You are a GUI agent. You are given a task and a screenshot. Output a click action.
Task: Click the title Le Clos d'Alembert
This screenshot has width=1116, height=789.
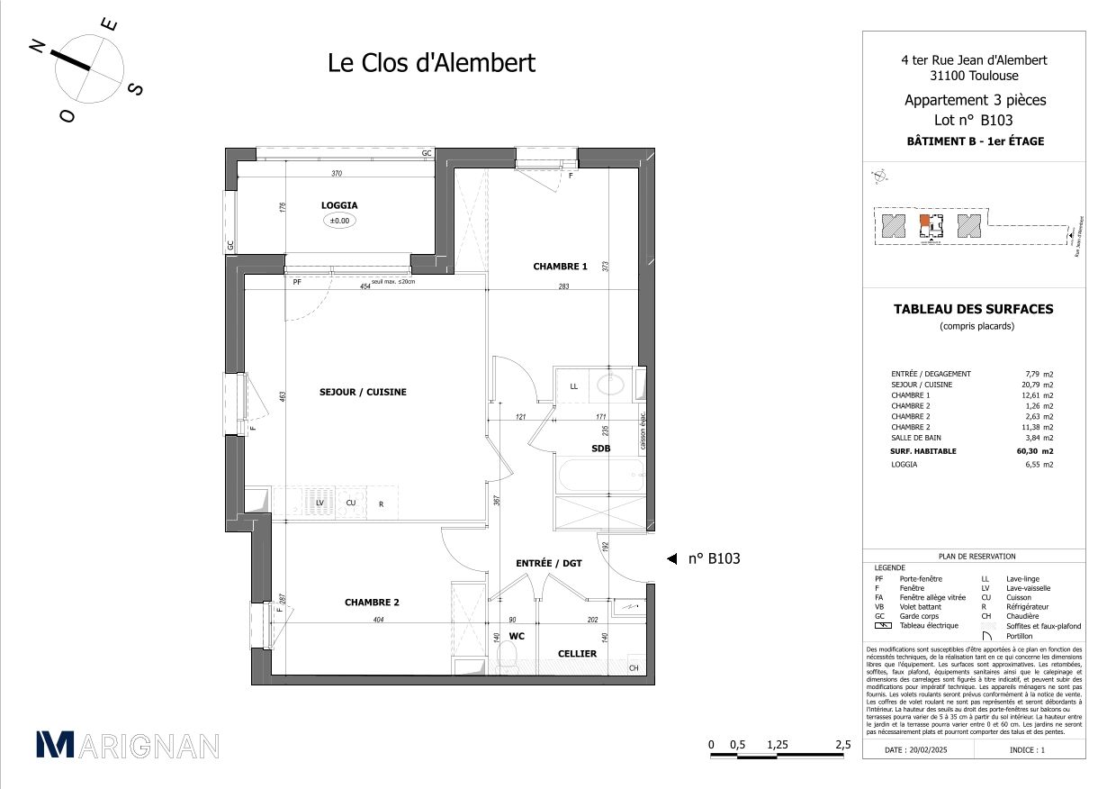430,63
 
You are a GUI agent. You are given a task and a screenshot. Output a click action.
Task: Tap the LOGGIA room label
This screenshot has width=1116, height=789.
339,205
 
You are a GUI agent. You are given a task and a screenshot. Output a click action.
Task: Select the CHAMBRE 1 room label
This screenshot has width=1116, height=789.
560,267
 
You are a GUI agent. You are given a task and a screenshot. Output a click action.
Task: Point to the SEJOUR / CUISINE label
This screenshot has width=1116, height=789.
363,392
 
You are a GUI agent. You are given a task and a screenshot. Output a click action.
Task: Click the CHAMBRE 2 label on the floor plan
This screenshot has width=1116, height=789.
372,603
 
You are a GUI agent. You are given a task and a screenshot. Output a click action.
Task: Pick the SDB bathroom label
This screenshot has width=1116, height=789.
601,448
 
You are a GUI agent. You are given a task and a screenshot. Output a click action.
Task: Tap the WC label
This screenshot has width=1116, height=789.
516,636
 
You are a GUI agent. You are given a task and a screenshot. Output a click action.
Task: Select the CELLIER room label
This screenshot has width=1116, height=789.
577,654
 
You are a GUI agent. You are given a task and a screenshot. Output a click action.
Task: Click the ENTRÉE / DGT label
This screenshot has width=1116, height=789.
548,563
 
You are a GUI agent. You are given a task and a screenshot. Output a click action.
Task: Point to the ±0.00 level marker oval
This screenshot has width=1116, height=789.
339,221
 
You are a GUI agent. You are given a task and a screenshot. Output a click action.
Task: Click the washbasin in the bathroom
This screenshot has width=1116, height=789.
611,385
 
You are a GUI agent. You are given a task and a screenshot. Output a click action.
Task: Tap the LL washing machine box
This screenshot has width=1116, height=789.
573,386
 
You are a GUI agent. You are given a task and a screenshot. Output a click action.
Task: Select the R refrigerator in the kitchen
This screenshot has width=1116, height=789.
381,503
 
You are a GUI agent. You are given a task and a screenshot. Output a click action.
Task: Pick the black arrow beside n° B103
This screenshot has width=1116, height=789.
671,559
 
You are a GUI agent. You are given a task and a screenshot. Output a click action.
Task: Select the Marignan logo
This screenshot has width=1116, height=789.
126,745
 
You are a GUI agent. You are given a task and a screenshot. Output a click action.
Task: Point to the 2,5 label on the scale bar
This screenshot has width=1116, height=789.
842,745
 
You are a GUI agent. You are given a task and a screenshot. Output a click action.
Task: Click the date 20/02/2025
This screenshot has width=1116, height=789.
916,749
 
